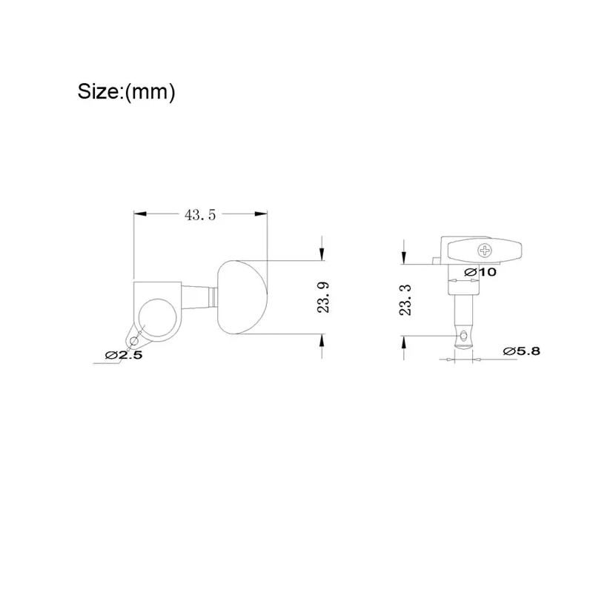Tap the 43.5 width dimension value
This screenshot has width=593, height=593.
(x=200, y=214)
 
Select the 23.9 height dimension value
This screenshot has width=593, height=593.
(x=322, y=297)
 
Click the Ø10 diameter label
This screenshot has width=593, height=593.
(x=480, y=272)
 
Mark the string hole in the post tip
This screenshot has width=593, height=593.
(x=464, y=338)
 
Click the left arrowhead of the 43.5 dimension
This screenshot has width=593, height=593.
(x=138, y=213)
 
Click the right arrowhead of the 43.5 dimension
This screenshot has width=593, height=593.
(x=262, y=213)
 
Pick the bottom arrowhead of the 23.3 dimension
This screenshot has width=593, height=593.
(x=404, y=340)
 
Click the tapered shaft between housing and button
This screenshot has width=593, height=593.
(x=199, y=297)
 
